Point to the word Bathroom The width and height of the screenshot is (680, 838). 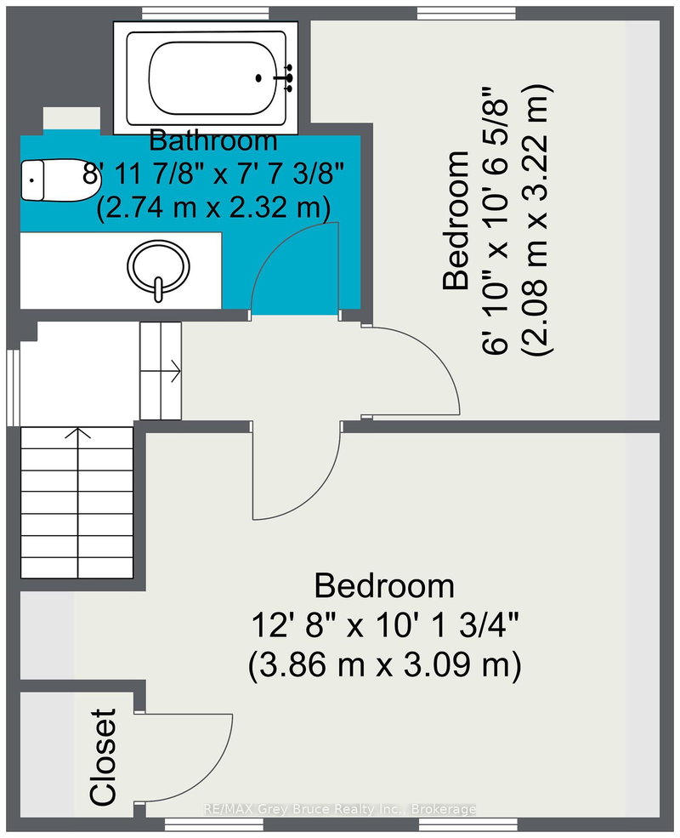tap(213, 140)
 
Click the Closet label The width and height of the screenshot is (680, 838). tap(103, 756)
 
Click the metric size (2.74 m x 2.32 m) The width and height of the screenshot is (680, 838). tap(213, 207)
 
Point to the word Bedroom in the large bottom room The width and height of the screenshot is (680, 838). tap(383, 586)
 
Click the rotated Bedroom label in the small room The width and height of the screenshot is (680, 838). tap(457, 221)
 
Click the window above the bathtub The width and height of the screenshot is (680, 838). tap(201, 12)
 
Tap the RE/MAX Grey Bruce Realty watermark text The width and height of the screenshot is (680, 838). tap(340, 809)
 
